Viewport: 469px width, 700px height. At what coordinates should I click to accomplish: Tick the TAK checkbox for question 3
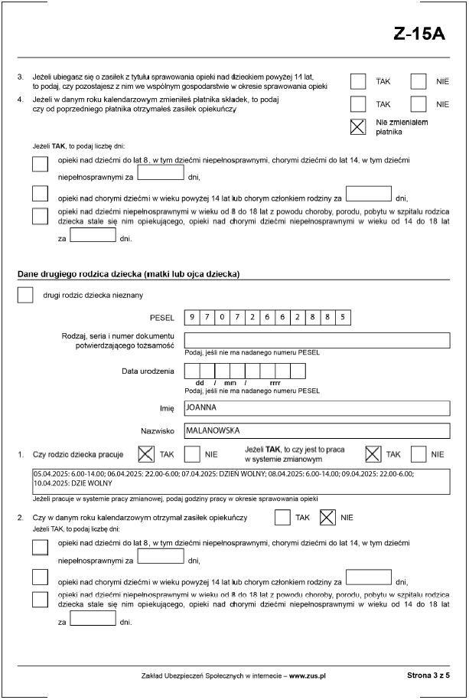pos(358,82)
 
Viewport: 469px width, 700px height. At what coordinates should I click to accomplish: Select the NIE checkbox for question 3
pos(418,82)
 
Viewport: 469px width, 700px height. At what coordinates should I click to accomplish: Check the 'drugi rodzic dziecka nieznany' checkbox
pos(25,295)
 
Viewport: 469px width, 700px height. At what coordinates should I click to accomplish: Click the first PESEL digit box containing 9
pos(192,317)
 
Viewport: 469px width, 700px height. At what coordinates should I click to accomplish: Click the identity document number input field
pos(317,340)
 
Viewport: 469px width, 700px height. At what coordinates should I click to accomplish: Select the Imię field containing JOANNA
pos(317,408)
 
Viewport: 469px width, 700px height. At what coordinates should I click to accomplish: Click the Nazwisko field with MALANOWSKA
pos(317,430)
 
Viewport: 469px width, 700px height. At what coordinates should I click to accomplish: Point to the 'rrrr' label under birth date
pos(275,382)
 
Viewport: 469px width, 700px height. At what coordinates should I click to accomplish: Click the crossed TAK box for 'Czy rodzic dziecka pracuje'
pos(145,454)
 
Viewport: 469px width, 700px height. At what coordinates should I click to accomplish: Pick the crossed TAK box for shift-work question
pos(374,454)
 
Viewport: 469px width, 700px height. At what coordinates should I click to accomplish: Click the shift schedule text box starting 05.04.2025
pos(239,480)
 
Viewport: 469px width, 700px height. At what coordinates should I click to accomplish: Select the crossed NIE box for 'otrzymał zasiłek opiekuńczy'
pos(327,518)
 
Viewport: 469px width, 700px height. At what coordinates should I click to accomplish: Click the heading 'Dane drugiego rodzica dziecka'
pos(129,274)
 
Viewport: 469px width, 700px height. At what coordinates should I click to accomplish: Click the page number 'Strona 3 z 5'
pos(428,676)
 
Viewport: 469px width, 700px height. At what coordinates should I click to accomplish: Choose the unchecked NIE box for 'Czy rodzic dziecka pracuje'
pos(192,454)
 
